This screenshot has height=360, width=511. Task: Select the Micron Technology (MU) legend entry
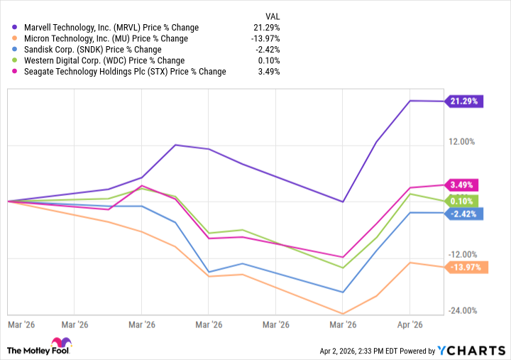tap(106, 38)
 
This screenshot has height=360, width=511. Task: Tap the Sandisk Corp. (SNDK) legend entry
tap(92, 50)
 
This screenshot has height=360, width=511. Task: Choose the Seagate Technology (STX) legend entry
tap(125, 72)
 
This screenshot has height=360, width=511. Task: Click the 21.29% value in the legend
tap(268, 28)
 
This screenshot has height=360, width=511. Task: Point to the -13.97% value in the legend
tap(266, 38)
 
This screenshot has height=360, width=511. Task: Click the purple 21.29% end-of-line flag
tap(465, 102)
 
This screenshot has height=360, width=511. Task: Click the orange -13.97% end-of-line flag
tap(465, 267)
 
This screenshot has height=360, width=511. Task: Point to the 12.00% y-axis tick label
tap(462, 141)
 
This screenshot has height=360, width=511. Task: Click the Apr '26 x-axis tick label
tap(410, 324)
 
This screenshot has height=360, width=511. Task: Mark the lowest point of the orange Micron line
tap(343, 314)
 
